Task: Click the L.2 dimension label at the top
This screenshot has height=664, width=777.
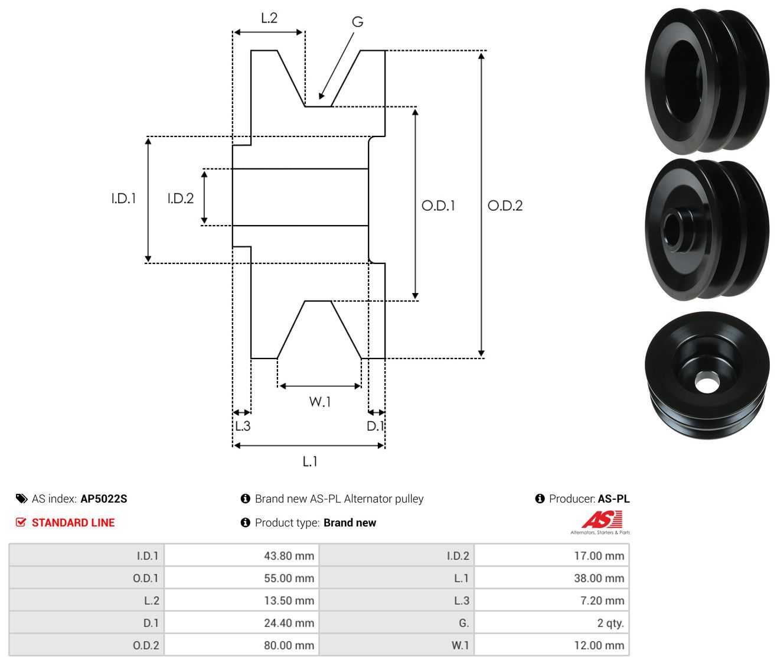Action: pyautogui.click(x=269, y=18)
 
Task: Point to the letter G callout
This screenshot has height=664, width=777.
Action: pyautogui.click(x=357, y=22)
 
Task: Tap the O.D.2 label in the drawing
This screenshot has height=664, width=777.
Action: pyautogui.click(x=504, y=206)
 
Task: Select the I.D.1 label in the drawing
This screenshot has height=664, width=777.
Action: pyautogui.click(x=123, y=198)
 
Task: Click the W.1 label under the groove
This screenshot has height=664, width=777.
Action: pyautogui.click(x=319, y=402)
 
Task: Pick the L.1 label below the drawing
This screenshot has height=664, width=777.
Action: pyautogui.click(x=310, y=461)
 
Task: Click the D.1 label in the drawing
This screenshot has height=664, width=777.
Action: pyautogui.click(x=375, y=426)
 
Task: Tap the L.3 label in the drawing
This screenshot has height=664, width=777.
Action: pyautogui.click(x=243, y=426)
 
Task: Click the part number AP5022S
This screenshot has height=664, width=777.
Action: pyautogui.click(x=104, y=499)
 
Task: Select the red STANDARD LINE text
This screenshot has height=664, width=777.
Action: pyautogui.click(x=73, y=522)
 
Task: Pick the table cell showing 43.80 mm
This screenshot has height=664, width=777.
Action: pyautogui.click(x=241, y=555)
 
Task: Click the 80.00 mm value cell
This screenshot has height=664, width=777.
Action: pyautogui.click(x=241, y=645)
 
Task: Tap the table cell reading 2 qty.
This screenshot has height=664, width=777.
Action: pyautogui.click(x=551, y=623)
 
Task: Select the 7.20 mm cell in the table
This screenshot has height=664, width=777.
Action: pyautogui.click(x=551, y=600)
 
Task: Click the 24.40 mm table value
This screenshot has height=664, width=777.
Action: pyautogui.click(x=241, y=623)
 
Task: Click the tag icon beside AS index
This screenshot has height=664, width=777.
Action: pyautogui.click(x=21, y=499)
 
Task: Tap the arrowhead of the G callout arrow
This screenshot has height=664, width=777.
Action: pyautogui.click(x=321, y=96)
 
